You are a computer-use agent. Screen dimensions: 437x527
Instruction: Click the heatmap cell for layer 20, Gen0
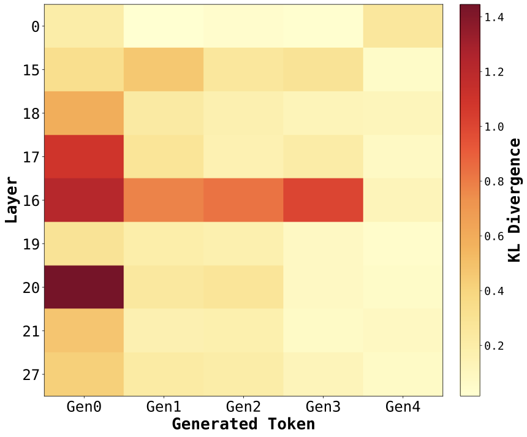pyautogui.click(x=84, y=287)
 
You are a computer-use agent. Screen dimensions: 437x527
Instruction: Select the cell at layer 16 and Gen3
pyautogui.click(x=323, y=200)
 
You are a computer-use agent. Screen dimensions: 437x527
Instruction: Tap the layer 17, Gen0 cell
pyautogui.click(x=84, y=156)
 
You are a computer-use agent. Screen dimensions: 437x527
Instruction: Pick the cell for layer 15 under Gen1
pyautogui.click(x=164, y=69)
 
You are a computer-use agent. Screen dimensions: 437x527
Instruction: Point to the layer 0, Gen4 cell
pyautogui.click(x=403, y=26)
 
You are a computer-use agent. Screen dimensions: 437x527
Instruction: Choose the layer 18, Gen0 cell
pyautogui.click(x=84, y=113)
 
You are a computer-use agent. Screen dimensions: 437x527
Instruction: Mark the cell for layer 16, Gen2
pyautogui.click(x=243, y=200)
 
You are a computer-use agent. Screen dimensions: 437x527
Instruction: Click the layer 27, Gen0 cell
pyautogui.click(x=84, y=374)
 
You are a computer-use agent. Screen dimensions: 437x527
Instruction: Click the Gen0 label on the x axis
pyautogui.click(x=84, y=406)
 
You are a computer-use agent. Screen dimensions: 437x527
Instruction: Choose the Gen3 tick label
pyautogui.click(x=323, y=406)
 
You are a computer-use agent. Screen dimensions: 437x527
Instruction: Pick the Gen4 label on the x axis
pyautogui.click(x=403, y=406)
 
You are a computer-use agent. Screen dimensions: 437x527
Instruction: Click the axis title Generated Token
pyautogui.click(x=243, y=424)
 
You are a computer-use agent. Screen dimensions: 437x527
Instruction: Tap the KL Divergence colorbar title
pyautogui.click(x=515, y=200)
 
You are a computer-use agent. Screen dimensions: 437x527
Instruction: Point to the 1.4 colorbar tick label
pyautogui.click(x=493, y=18)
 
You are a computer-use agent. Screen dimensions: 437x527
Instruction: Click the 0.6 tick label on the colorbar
pyautogui.click(x=493, y=236)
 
